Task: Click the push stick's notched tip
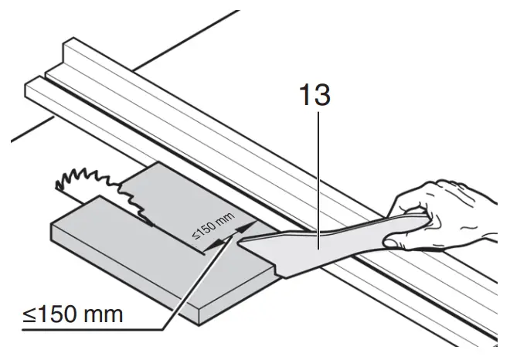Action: click(x=251, y=244)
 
